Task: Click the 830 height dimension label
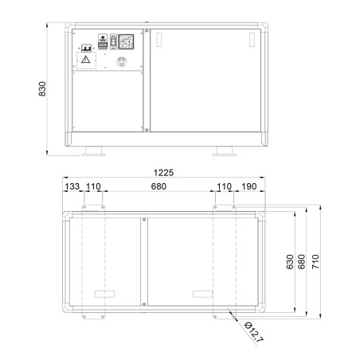[x=42, y=89]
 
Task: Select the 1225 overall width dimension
[x=163, y=173]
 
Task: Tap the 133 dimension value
[x=72, y=186]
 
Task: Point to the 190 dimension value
[x=249, y=186]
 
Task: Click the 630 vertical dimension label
[x=290, y=262]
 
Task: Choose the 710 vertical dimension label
[x=315, y=262]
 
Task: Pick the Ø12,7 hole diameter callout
[x=253, y=332]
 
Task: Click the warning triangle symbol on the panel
[x=85, y=60]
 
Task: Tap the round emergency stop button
[x=122, y=61]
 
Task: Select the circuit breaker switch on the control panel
[x=86, y=48]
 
